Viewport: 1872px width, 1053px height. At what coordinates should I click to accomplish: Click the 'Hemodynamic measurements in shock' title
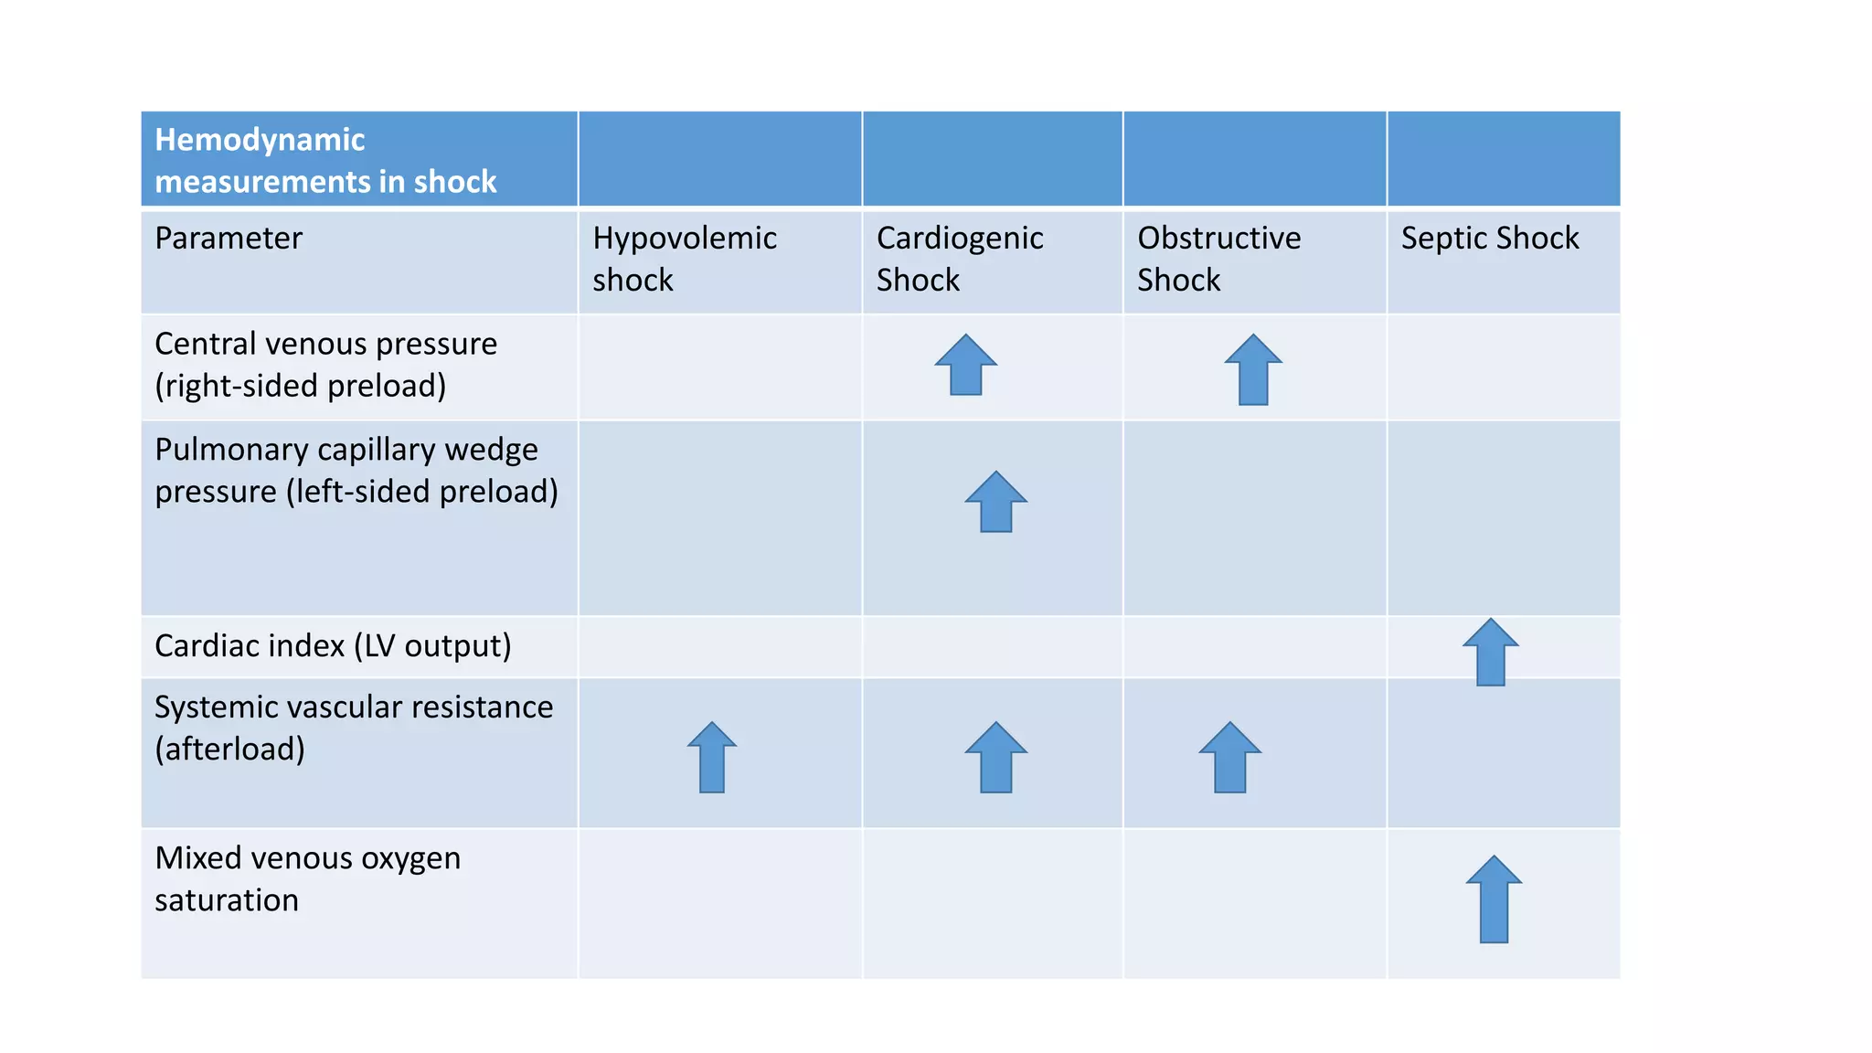(x=324, y=160)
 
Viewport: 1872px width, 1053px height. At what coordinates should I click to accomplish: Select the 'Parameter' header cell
(x=228, y=238)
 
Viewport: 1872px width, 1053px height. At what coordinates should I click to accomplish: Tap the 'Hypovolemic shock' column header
(x=684, y=259)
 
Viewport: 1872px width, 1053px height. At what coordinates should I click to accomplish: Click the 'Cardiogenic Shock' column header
(x=959, y=259)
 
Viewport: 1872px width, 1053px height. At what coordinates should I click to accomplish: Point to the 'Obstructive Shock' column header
(x=1218, y=259)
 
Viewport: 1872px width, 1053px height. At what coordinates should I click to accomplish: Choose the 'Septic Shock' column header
(x=1489, y=238)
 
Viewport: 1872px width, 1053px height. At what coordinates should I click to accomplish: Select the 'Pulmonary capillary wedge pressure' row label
(x=356, y=470)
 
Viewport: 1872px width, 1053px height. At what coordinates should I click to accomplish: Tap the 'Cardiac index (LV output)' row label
(x=333, y=645)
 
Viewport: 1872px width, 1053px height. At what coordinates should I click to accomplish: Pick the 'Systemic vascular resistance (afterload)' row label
(x=353, y=728)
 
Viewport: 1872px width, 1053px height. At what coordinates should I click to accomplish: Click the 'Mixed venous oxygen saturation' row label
(x=307, y=878)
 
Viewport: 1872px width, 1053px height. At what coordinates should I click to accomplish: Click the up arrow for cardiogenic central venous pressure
(x=965, y=365)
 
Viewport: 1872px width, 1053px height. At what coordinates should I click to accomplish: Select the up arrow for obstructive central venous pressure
(x=1253, y=369)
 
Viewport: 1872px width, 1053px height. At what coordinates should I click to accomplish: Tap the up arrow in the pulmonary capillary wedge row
(x=995, y=502)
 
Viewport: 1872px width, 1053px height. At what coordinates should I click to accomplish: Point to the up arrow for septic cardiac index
(x=1490, y=652)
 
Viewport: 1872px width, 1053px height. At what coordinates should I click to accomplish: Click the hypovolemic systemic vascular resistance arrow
(x=711, y=758)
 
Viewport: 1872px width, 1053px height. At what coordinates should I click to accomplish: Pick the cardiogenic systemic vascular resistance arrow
(x=995, y=758)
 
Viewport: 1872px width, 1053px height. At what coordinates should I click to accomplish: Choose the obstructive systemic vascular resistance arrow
(x=1229, y=758)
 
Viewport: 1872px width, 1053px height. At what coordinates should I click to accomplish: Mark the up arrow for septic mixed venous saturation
(x=1494, y=899)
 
